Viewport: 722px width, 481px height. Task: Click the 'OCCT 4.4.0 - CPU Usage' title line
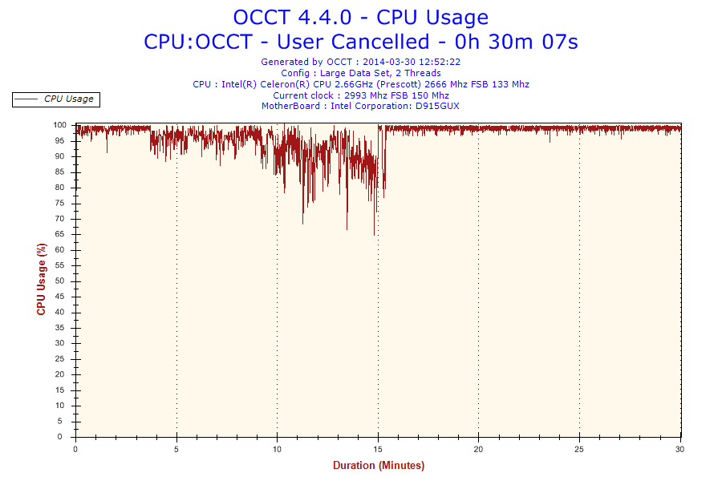[x=360, y=17]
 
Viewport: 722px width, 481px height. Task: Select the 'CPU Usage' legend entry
[x=68, y=99]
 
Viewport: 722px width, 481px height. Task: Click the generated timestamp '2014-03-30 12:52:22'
[x=411, y=62]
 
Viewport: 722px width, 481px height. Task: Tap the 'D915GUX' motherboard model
[x=438, y=106]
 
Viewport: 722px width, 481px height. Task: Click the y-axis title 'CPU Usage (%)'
[x=42, y=279]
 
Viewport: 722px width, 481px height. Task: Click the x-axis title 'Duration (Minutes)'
[x=379, y=465]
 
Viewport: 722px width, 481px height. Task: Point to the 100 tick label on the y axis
[x=59, y=125]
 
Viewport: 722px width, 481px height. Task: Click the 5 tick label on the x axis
[x=176, y=449]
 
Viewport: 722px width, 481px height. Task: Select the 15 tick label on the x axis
[x=378, y=449]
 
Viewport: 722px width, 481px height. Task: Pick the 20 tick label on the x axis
[x=479, y=449]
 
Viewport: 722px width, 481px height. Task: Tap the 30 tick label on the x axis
[x=680, y=449]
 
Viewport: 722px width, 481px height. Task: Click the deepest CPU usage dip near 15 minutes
[x=374, y=234]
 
